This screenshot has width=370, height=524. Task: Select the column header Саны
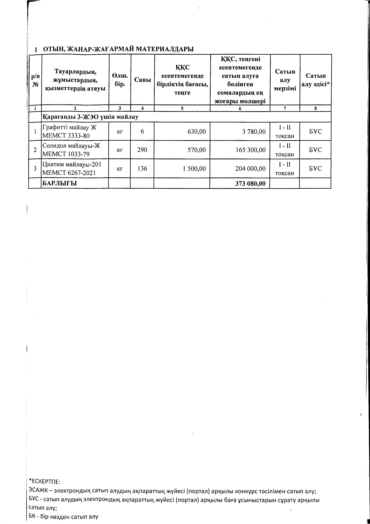[142, 80]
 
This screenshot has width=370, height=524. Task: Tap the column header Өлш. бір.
[120, 80]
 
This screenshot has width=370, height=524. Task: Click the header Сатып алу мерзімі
[285, 80]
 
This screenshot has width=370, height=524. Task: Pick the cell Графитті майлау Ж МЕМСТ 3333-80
[70, 132]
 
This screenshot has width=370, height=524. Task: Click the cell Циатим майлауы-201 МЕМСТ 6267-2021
[72, 169]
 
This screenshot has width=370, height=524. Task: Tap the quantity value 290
[142, 150]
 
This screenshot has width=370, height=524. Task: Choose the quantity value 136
[142, 169]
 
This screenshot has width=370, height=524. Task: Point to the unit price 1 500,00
[194, 169]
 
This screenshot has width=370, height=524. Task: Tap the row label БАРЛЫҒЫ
[60, 183]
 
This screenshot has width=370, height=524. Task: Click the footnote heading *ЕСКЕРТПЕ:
[45, 482]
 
